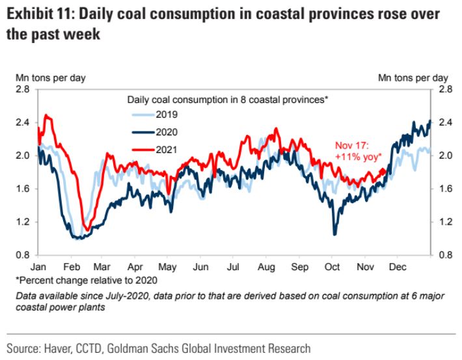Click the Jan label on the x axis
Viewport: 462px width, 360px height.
click(x=38, y=267)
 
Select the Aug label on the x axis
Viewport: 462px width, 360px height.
click(x=265, y=267)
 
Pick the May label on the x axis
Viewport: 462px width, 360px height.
click(x=168, y=267)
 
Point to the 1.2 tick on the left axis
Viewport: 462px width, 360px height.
click(x=23, y=222)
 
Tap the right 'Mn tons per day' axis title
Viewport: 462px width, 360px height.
click(x=413, y=78)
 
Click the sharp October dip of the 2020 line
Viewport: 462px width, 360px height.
click(x=335, y=233)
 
